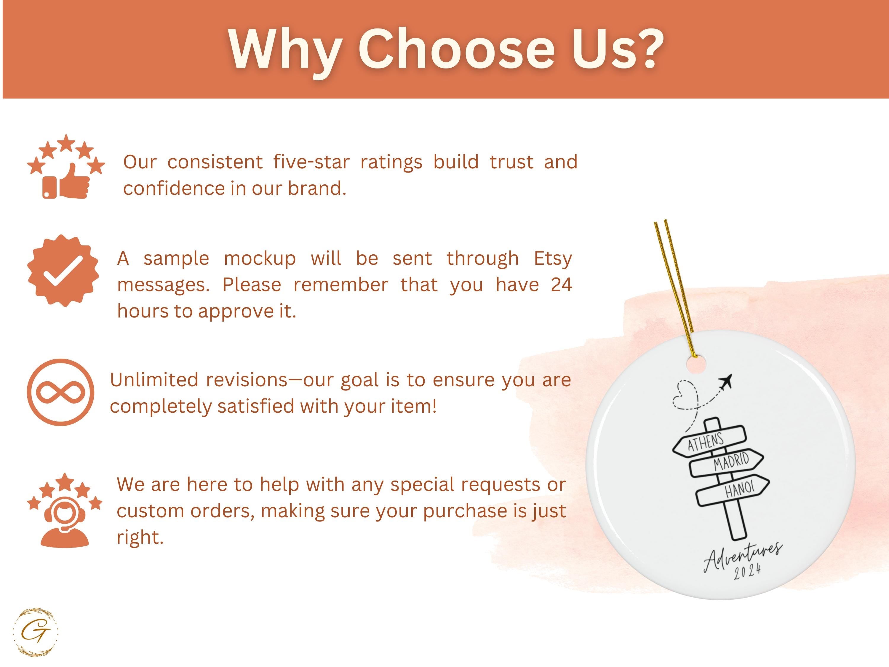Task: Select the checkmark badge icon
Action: [63, 271]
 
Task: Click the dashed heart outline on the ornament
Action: [686, 395]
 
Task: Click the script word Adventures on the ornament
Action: [743, 556]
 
